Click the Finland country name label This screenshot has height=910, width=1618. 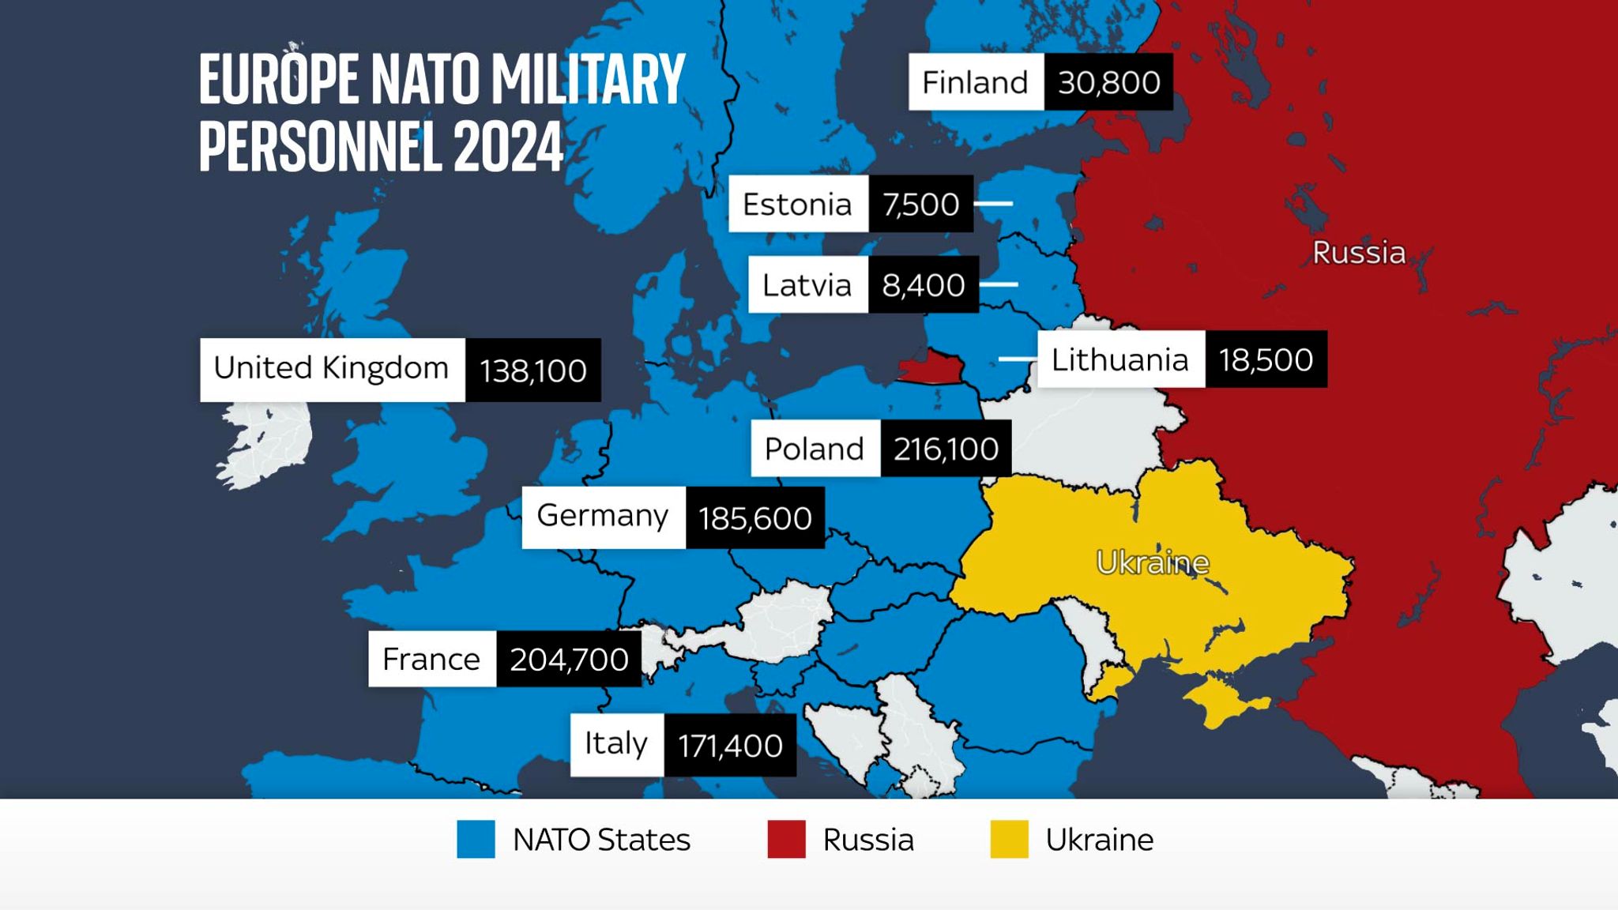[x=976, y=82]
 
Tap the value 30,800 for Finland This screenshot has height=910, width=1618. [x=1108, y=82]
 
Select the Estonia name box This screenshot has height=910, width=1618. [x=798, y=204]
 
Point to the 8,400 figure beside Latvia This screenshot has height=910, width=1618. [x=923, y=285]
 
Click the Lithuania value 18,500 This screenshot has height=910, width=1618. [x=1266, y=359]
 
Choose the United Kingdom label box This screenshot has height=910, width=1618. [x=332, y=370]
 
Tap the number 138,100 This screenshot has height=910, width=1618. [x=533, y=370]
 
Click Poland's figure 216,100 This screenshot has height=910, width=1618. [x=946, y=449]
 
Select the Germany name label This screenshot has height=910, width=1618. [x=603, y=517]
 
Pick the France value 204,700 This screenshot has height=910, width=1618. [x=569, y=659]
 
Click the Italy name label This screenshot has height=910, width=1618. [x=616, y=744]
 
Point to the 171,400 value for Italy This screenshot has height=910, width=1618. [x=730, y=746]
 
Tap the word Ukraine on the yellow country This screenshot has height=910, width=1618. [x=1153, y=562]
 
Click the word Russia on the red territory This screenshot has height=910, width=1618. [x=1359, y=253]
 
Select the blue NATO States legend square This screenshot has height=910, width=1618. [x=476, y=839]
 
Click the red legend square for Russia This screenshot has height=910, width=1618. [x=786, y=839]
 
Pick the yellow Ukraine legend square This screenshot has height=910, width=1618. [x=1009, y=839]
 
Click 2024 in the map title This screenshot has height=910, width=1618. [x=508, y=147]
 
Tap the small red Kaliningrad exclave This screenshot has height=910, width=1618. [x=932, y=368]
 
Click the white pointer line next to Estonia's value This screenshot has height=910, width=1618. [x=993, y=204]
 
